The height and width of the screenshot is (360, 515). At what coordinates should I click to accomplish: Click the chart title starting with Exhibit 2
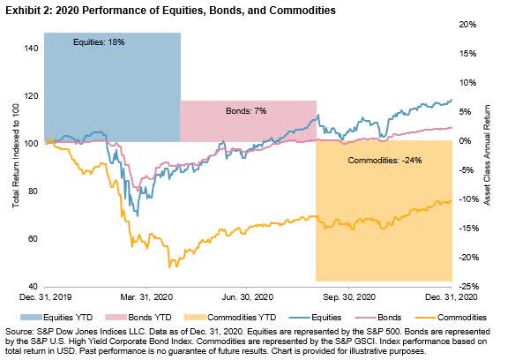click(x=170, y=11)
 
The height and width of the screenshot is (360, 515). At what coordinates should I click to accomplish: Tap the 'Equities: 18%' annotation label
click(x=99, y=42)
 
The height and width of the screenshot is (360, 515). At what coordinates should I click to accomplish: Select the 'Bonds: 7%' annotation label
click(x=246, y=111)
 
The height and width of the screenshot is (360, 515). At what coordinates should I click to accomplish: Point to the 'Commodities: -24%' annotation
click(x=384, y=161)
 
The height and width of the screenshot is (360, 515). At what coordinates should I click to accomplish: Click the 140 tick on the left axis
click(x=31, y=49)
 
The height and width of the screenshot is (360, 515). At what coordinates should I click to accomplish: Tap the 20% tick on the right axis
click(x=467, y=25)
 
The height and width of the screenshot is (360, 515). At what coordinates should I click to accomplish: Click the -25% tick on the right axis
click(x=467, y=287)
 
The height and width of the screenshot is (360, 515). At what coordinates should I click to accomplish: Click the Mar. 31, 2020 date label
click(x=146, y=296)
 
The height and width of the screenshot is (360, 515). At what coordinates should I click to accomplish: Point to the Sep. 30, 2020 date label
click(x=349, y=296)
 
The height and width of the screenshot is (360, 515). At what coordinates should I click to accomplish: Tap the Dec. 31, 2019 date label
click(x=45, y=296)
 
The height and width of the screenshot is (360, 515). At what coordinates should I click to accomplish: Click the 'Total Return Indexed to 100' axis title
click(x=16, y=156)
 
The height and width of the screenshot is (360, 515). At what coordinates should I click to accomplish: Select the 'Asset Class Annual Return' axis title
click(x=487, y=155)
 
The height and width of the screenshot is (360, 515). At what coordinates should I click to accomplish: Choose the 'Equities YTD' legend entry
click(x=56, y=318)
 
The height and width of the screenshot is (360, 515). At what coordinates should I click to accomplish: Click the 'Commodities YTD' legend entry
click(x=230, y=318)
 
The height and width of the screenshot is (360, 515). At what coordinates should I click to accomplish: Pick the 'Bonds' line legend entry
click(x=378, y=318)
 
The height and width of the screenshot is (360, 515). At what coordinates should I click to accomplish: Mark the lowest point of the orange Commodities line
click(x=169, y=267)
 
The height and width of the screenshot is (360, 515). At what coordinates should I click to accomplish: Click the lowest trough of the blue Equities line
click(x=138, y=215)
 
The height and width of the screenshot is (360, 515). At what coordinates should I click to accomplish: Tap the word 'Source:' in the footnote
click(x=18, y=332)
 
